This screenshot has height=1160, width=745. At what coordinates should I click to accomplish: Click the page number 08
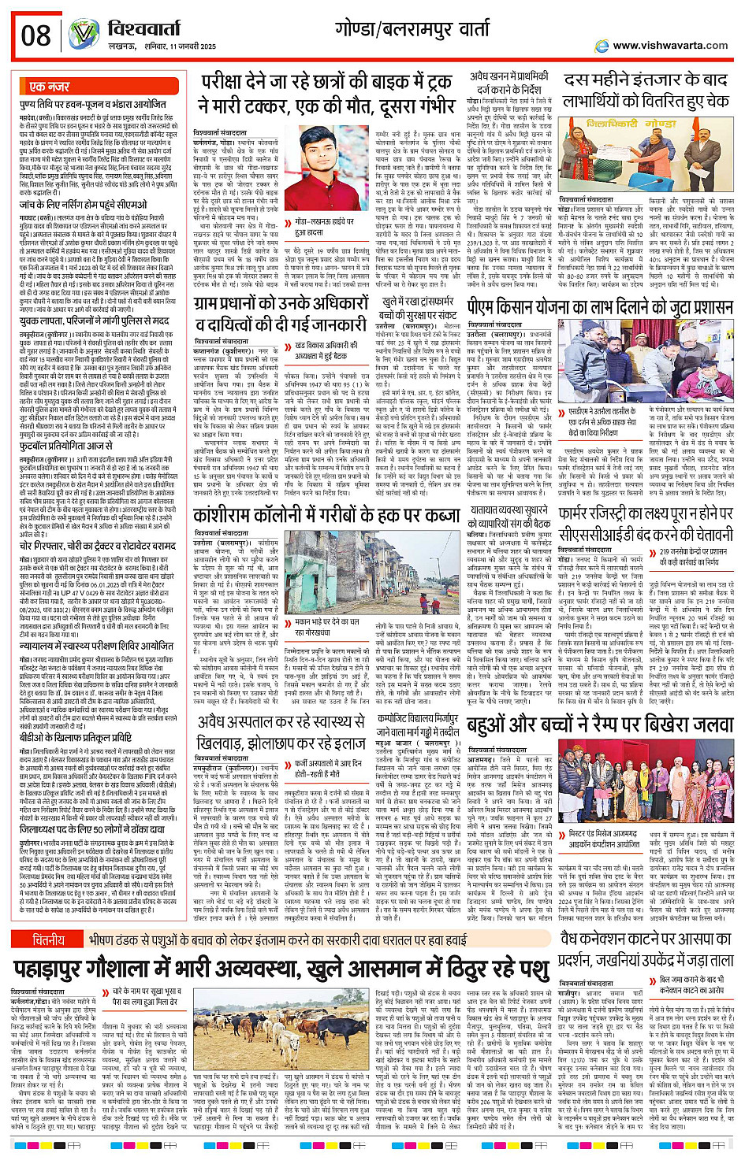35,35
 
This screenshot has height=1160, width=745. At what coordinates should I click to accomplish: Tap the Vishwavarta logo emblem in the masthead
84,35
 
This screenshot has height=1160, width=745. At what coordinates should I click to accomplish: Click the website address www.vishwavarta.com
669,46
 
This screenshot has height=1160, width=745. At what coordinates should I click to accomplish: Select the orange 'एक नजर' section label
49,87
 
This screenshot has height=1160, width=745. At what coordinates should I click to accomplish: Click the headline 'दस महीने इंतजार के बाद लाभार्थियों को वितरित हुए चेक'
646,91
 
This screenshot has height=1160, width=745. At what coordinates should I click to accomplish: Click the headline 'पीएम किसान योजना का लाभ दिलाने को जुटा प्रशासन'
599,306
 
